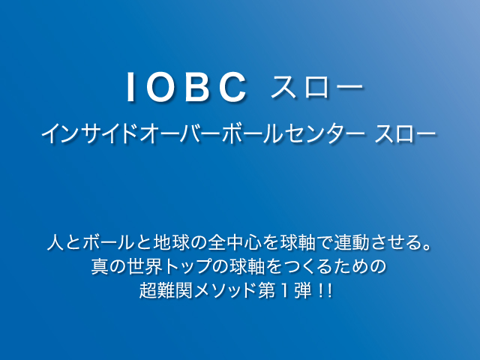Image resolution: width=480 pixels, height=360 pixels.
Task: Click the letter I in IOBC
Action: (x=130, y=87)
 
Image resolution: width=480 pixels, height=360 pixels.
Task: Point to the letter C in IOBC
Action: (x=233, y=87)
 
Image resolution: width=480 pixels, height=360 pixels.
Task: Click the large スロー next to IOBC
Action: (x=316, y=87)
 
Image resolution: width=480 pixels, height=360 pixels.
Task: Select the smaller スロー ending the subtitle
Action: (x=405, y=133)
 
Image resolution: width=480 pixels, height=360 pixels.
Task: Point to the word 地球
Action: (x=171, y=243)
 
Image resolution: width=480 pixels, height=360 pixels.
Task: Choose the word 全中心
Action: (x=235, y=243)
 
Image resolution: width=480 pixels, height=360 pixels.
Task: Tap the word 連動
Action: (x=351, y=243)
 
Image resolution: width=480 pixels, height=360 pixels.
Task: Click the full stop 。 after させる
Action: (x=426, y=247)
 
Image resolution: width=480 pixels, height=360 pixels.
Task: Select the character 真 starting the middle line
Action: (x=100, y=266)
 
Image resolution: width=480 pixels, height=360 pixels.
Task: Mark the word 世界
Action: (x=145, y=266)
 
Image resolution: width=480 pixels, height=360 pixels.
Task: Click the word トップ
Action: (x=187, y=266)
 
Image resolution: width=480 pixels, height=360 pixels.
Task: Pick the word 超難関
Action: (x=166, y=290)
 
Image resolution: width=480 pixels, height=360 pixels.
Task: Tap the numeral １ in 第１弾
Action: (x=285, y=290)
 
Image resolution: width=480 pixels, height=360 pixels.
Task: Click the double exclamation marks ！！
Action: (x=325, y=290)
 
